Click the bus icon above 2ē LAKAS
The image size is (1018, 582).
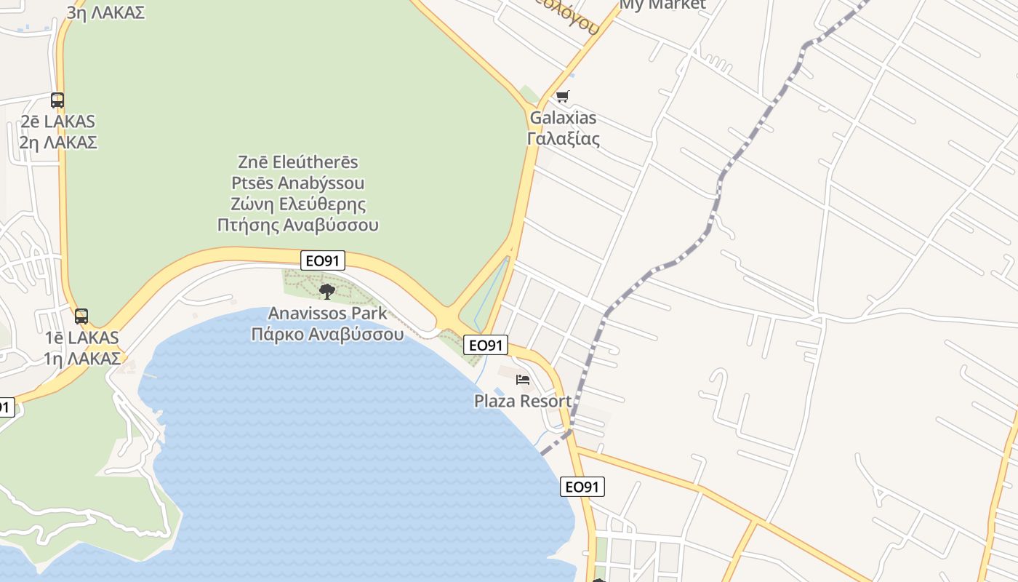click(57, 100)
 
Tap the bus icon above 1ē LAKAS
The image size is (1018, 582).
click(81, 316)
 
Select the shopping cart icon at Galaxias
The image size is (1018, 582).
click(562, 96)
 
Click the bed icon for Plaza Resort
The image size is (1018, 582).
click(523, 379)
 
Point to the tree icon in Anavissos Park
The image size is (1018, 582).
click(327, 292)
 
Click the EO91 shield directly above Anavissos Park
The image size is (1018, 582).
click(322, 260)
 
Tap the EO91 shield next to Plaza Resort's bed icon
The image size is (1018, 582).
click(485, 345)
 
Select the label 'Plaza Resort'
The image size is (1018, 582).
click(523, 401)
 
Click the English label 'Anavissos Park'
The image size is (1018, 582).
click(327, 314)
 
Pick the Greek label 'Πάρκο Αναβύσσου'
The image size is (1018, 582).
click(327, 335)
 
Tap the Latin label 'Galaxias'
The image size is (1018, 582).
click(563, 118)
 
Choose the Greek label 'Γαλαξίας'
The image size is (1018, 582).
click(563, 138)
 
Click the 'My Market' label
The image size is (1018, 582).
click(662, 4)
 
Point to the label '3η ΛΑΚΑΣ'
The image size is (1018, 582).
click(105, 12)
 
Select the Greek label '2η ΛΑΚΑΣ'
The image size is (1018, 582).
click(58, 142)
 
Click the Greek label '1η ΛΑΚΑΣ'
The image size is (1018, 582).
click(81, 359)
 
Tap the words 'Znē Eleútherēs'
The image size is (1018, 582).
click(298, 162)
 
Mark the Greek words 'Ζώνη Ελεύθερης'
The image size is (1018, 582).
click(298, 204)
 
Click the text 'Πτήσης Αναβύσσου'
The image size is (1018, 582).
click(298, 225)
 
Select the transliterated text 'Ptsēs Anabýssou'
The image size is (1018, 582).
click(298, 183)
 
